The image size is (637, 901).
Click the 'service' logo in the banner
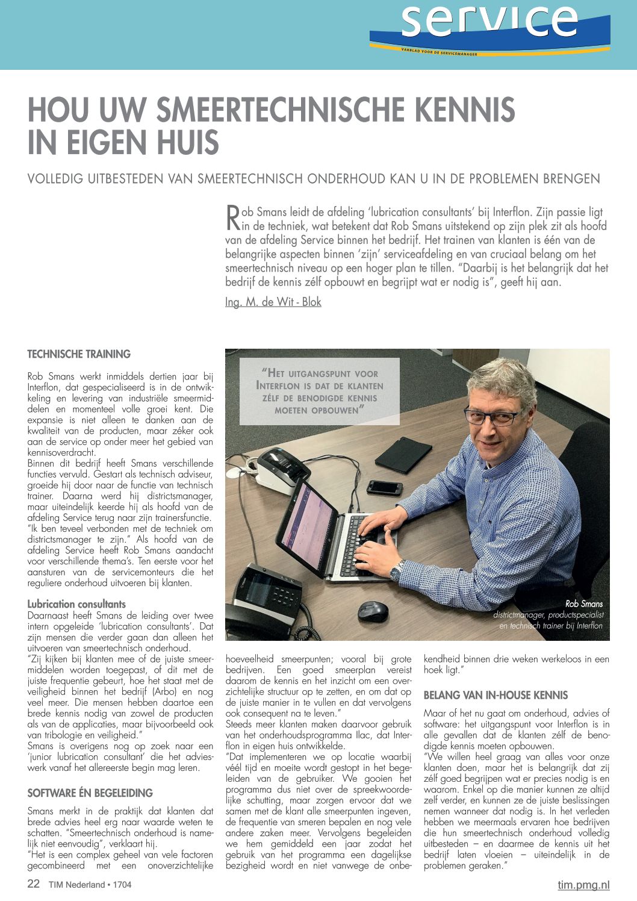(489, 24)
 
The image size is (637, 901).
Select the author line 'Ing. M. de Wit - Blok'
(273, 302)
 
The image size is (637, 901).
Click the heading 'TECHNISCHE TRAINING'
(79, 354)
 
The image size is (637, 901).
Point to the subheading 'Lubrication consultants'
(76, 603)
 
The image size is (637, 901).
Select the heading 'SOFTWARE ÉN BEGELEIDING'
(90, 793)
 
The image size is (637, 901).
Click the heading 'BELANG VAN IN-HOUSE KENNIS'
(496, 695)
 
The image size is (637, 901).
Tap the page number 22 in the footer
(34, 884)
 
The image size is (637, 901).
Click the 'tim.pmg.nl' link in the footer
(583, 884)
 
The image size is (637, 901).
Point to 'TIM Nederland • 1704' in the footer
(90, 885)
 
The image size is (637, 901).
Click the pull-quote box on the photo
(319, 391)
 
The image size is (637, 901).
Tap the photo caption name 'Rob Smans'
(583, 603)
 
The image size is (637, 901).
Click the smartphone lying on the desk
(384, 487)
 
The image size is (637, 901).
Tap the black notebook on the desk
(402, 455)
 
